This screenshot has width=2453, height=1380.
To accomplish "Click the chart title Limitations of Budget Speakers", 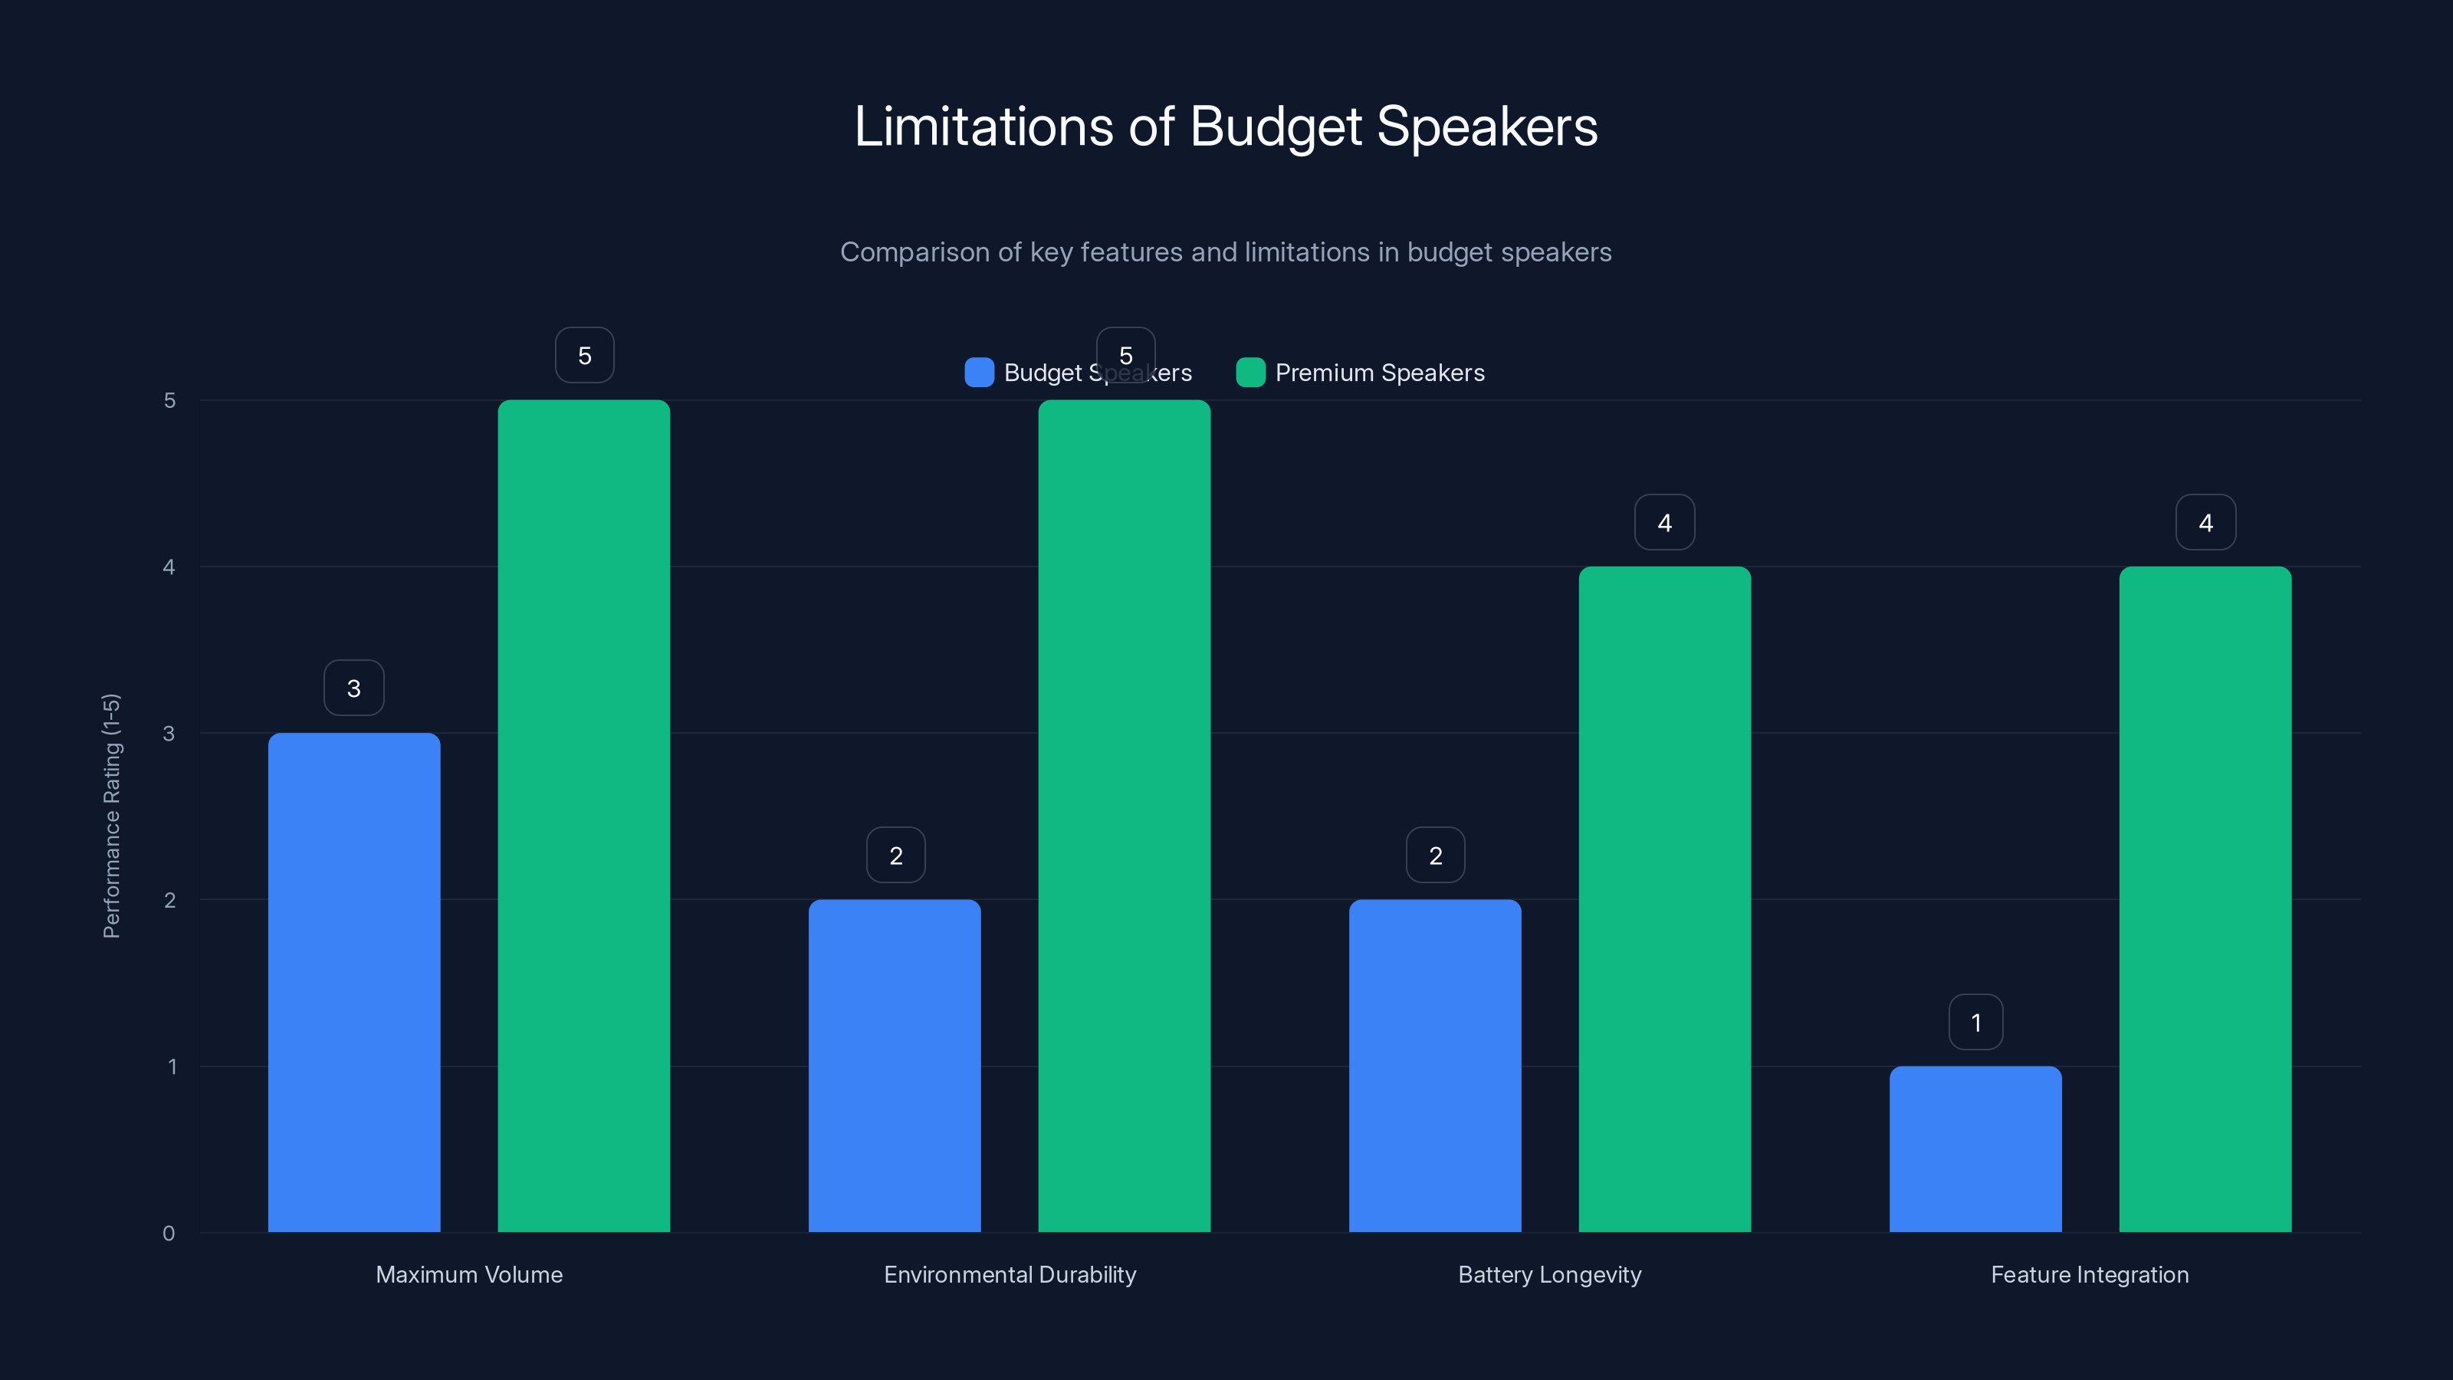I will tap(1226, 127).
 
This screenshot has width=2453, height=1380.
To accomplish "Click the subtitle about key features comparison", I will tap(1226, 252).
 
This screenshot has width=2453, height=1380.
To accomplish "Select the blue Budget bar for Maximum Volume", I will tap(354, 981).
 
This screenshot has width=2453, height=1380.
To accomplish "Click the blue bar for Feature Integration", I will tap(1975, 1148).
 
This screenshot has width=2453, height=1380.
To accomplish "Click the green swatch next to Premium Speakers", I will tap(1250, 373).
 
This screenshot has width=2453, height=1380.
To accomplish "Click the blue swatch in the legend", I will tap(979, 373).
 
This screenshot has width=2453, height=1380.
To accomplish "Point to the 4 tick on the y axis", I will tap(169, 567).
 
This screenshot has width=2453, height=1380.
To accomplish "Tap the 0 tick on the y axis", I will tap(169, 1234).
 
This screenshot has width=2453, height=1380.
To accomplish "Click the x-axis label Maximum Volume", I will tap(468, 1274).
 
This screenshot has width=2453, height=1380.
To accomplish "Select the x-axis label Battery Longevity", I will tap(1549, 1274).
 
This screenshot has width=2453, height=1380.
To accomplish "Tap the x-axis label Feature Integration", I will tap(2089, 1274).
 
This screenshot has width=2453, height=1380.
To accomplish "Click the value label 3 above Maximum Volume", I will tap(354, 688).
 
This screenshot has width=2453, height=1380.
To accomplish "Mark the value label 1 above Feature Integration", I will tap(1976, 1023).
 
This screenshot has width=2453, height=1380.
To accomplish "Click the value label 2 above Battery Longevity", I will tap(1435, 856).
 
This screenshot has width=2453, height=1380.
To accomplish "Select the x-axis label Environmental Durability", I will tap(1010, 1274).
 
